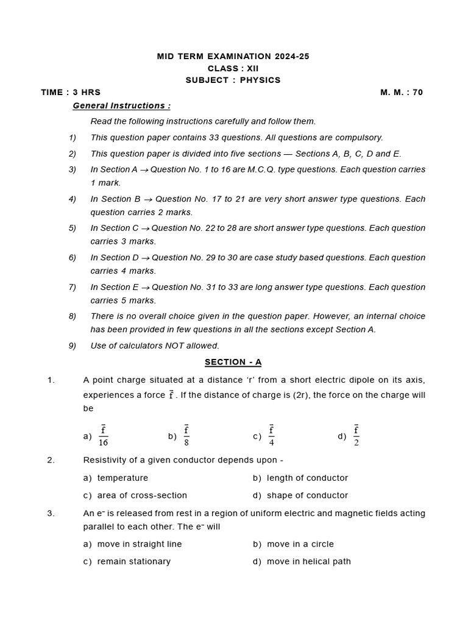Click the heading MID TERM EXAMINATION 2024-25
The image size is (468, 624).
pyautogui.click(x=233, y=56)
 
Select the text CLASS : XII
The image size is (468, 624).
pyautogui.click(x=233, y=68)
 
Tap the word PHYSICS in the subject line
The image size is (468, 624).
pyautogui.click(x=260, y=80)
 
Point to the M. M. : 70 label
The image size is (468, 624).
pyautogui.click(x=402, y=92)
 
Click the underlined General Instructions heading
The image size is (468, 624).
pyautogui.click(x=122, y=105)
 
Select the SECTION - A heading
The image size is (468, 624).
pyautogui.click(x=233, y=362)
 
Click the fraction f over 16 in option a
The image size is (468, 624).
pyautogui.click(x=104, y=436)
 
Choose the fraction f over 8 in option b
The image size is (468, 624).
pyautogui.click(x=186, y=436)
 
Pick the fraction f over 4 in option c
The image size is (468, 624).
pyautogui.click(x=271, y=436)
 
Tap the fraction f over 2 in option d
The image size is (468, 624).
pyautogui.click(x=356, y=436)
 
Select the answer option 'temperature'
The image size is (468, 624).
pyautogui.click(x=122, y=478)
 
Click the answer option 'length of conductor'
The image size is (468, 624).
pyautogui.click(x=307, y=478)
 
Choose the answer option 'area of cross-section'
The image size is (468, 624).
pyautogui.click(x=142, y=495)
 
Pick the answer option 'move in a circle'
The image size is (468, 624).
pyautogui.click(x=300, y=544)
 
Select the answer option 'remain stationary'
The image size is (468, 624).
pyautogui.click(x=133, y=561)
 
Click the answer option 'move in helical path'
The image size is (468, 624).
pyautogui.click(x=308, y=561)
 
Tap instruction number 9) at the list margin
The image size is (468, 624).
pyautogui.click(x=73, y=346)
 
